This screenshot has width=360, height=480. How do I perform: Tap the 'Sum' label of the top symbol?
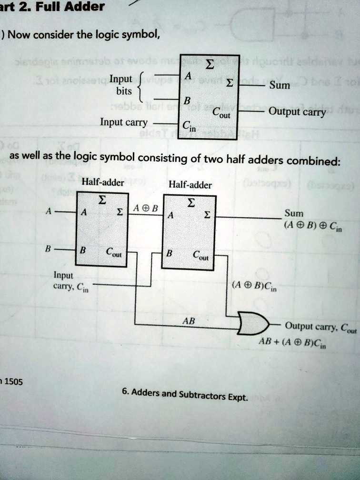tap(279, 85)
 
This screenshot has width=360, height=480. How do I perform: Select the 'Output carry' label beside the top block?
tap(297, 112)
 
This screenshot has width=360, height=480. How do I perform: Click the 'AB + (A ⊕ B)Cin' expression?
tap(286, 342)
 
